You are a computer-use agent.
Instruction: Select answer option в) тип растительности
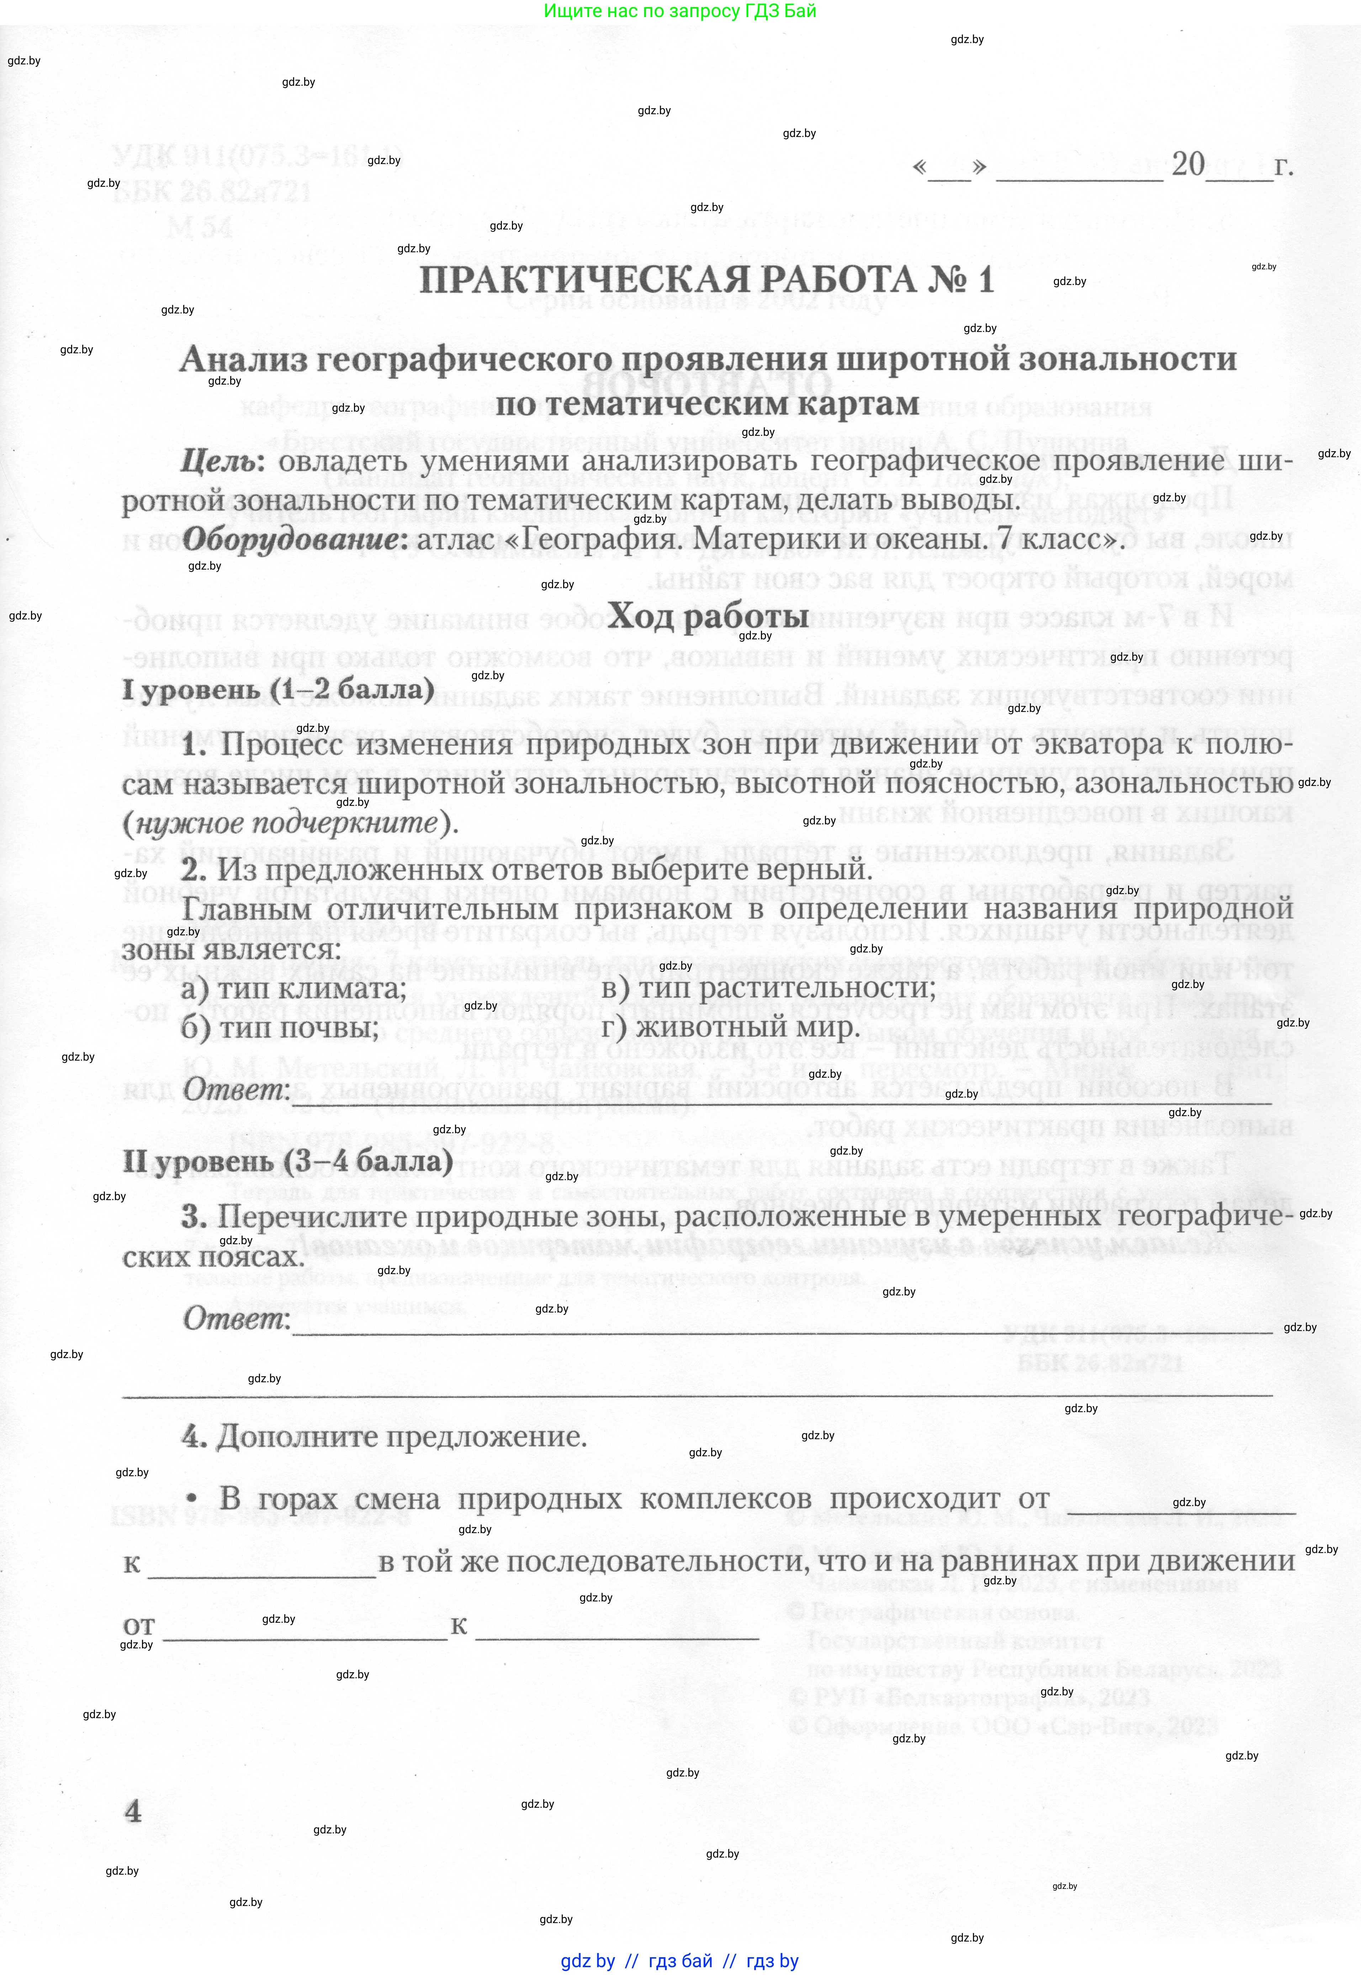coord(768,988)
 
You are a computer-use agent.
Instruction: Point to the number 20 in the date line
coord(1188,164)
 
